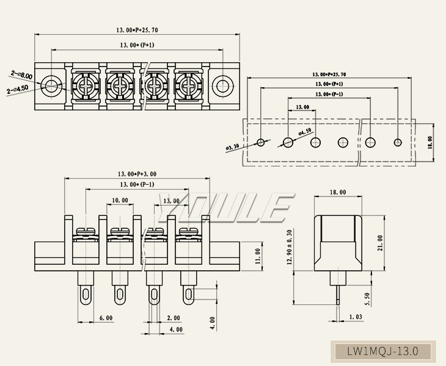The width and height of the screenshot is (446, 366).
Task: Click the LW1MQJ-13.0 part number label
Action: [x=382, y=351]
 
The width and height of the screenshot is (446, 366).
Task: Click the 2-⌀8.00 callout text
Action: [x=21, y=74]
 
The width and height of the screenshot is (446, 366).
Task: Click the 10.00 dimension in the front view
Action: [x=120, y=200]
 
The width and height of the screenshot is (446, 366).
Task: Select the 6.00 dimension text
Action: [x=105, y=318]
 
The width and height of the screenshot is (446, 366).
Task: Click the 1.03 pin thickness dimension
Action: [x=356, y=317]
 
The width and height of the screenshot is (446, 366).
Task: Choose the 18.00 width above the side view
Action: [x=338, y=192]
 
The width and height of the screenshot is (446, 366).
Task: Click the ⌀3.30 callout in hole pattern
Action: [x=233, y=147]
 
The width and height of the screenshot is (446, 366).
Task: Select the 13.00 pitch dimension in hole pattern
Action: [x=302, y=107]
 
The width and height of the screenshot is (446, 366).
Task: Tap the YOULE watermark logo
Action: [x=223, y=208]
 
